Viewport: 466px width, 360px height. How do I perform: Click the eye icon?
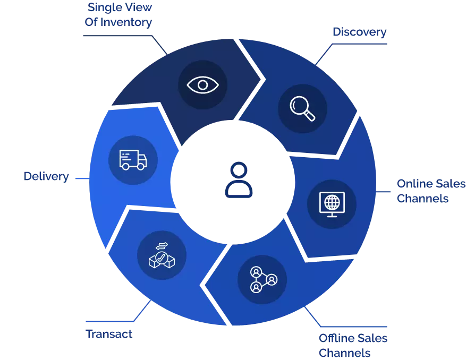[202, 85]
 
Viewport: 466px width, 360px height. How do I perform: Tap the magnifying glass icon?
[302, 108]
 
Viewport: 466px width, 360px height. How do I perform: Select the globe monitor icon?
[332, 204]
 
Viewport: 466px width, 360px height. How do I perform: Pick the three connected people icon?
[262, 279]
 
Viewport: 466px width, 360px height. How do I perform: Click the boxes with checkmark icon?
[162, 255]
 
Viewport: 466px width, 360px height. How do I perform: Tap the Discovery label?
[359, 32]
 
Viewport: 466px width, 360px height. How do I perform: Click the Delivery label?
[46, 177]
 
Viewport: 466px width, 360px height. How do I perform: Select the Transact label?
[109, 335]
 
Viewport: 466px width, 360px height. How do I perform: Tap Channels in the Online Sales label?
[423, 199]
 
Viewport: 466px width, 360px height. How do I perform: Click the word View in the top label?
[138, 7]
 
